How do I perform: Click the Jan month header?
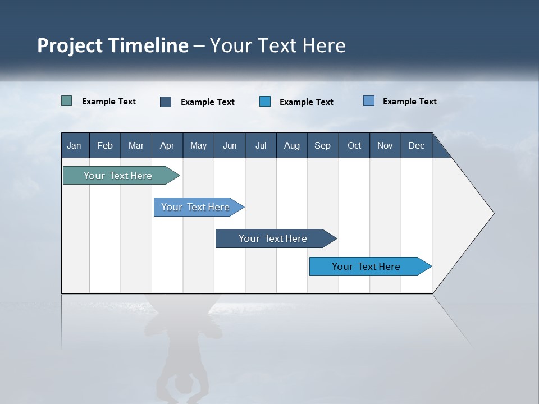click(74, 145)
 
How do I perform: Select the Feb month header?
click(105, 145)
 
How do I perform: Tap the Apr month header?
click(167, 145)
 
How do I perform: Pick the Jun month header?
click(230, 145)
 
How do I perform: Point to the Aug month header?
click(292, 145)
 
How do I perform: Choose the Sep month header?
click(323, 145)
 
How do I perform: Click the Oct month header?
click(354, 145)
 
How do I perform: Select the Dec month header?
click(417, 145)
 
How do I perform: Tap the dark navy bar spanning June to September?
click(274, 238)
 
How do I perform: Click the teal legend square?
click(67, 101)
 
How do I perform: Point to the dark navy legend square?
click(166, 102)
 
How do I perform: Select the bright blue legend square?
click(265, 102)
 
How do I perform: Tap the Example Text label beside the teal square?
click(109, 102)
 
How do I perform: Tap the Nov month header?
click(385, 145)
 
